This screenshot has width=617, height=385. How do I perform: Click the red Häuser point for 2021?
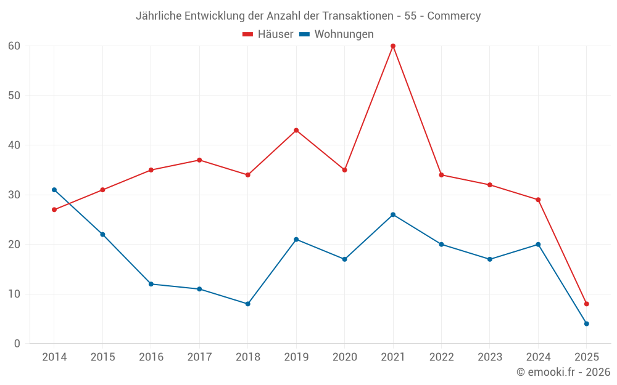393,46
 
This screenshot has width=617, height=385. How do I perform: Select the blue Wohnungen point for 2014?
54,190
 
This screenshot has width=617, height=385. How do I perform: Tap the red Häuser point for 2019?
296,131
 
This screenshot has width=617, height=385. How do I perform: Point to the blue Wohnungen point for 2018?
248,304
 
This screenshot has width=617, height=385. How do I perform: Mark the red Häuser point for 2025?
587,304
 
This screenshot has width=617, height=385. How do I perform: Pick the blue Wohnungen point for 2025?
587,323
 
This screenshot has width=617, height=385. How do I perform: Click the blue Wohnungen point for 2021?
393,214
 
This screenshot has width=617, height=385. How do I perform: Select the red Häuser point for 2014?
54,209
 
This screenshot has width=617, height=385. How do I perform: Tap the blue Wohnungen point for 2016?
151,284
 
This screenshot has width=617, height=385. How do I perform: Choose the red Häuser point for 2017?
199,160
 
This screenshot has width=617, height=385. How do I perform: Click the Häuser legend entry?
268,34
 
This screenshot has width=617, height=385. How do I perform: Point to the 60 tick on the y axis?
14,46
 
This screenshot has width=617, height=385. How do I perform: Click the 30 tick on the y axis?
14,195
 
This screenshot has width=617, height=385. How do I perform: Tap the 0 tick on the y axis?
17,343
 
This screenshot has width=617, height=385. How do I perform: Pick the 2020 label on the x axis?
344,357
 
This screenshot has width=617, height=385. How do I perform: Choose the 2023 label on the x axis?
490,357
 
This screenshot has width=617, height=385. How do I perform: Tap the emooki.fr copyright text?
563,372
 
